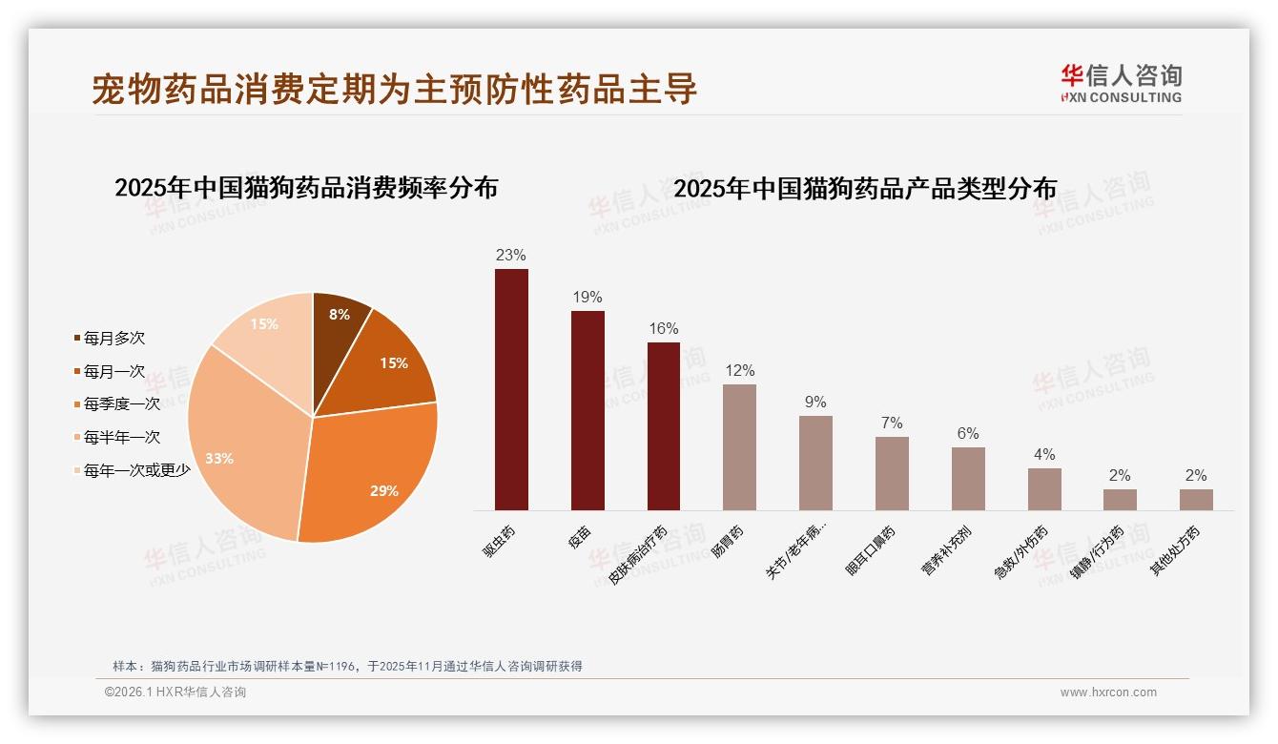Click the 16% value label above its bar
click(664, 329)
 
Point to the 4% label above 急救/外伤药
click(1044, 455)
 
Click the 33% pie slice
click(229, 448)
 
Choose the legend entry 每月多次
click(113, 338)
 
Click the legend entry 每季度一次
click(120, 404)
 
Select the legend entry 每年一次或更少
click(135, 470)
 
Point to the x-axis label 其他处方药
click(1175, 551)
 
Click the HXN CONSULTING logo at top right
click(1121, 83)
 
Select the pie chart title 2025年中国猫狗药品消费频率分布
click(306, 188)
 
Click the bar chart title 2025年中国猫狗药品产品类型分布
click(865, 189)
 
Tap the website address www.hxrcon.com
click(1108, 692)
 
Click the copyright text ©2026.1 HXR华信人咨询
click(175, 692)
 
